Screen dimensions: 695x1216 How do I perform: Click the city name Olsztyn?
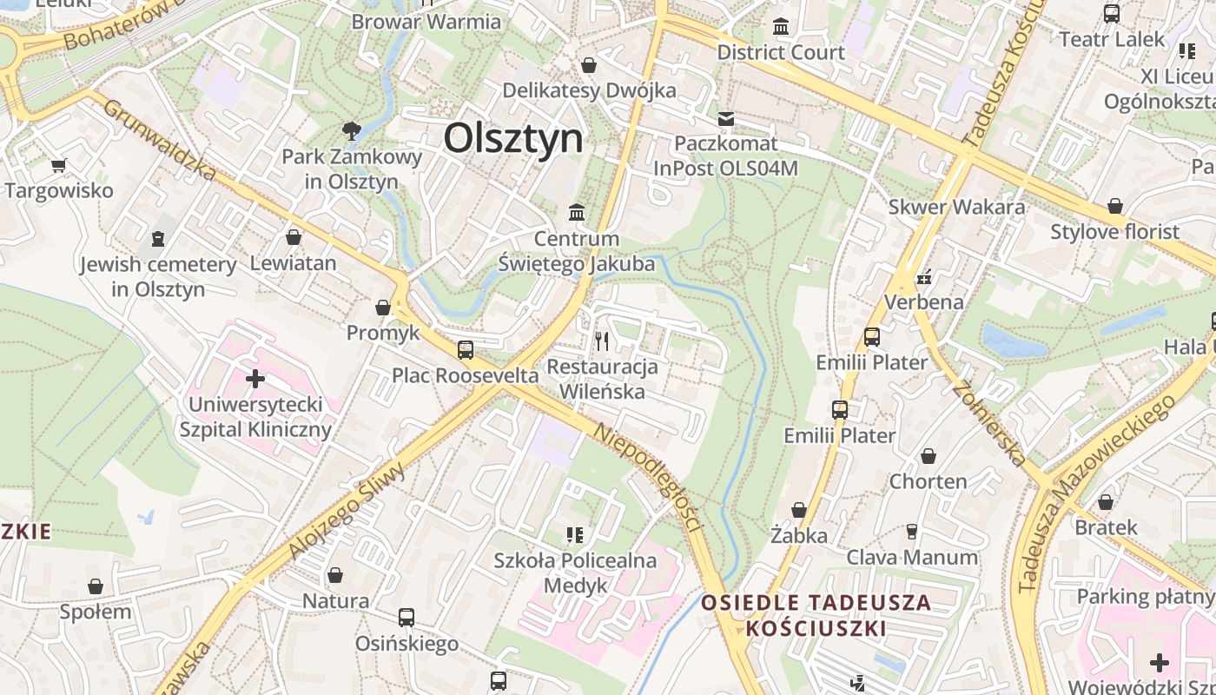tap(513, 138)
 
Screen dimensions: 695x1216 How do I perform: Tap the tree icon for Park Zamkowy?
tap(352, 131)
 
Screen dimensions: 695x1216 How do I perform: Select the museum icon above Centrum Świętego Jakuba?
tap(576, 212)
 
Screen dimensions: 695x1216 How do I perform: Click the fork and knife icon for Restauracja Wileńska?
tap(601, 341)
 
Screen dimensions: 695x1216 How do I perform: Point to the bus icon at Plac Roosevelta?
tap(466, 349)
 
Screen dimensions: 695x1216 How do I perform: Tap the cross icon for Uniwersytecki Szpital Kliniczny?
tap(255, 379)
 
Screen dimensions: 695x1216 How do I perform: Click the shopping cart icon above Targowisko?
tap(59, 165)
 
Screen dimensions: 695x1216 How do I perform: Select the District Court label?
tap(780, 52)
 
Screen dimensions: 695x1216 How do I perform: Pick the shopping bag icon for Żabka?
tap(799, 510)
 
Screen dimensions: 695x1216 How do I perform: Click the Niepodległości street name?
tap(648, 477)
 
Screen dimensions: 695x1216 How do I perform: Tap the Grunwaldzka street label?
tap(159, 139)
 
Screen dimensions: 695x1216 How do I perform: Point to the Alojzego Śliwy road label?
tap(347, 513)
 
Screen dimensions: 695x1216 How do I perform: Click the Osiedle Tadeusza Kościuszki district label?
tap(816, 615)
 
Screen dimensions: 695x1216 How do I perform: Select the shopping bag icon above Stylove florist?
tap(1114, 206)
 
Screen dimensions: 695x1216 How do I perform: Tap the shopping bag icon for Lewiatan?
tap(294, 236)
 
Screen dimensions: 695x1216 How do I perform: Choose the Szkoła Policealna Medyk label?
tap(575, 573)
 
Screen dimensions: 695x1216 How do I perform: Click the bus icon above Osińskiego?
tap(406, 618)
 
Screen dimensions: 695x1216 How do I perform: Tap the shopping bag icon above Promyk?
tap(383, 308)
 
